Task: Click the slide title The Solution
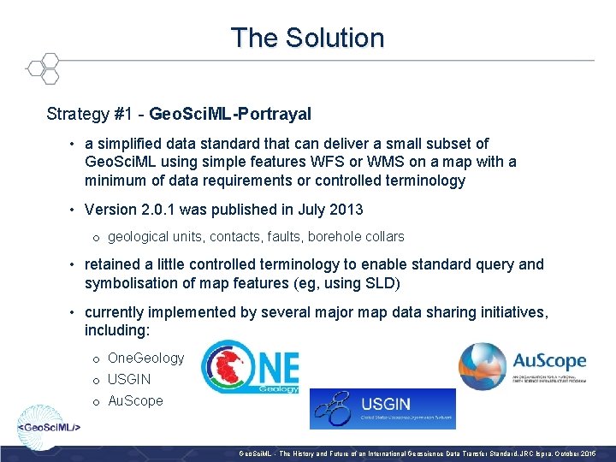pos(307,38)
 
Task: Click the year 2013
pos(345,210)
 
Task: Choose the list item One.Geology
pos(145,358)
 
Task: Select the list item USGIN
pos(129,379)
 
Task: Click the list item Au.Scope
pos(135,400)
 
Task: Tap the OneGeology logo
pos(250,367)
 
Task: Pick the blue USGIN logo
pos(382,408)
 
